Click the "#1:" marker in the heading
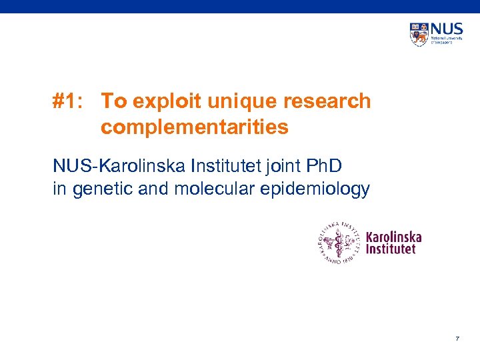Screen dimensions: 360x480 (68, 101)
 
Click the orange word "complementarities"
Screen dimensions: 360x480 (195, 127)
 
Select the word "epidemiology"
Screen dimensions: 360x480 (315, 189)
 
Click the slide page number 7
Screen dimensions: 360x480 (457, 339)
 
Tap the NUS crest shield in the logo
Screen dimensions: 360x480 (419, 34)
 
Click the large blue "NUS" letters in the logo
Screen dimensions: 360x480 (446, 30)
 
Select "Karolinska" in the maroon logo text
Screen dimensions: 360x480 (394, 237)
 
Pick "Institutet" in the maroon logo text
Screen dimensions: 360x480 (391, 249)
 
